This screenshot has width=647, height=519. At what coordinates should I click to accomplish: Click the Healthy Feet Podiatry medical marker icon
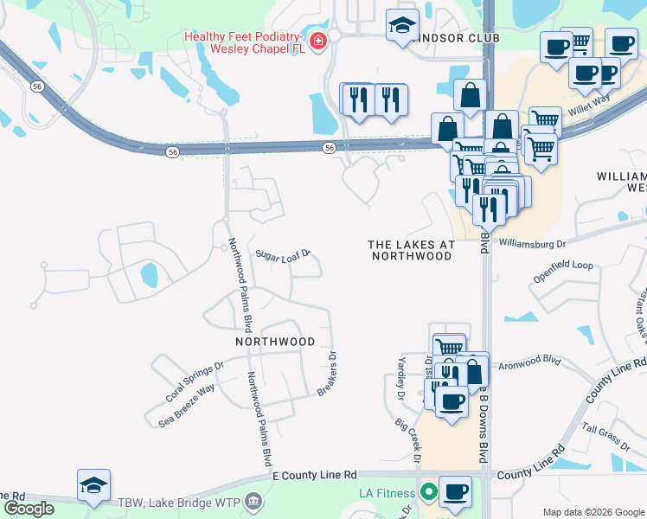[318, 41]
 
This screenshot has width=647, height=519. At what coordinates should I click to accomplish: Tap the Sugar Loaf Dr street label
[282, 255]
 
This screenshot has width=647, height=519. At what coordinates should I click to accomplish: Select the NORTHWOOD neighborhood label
[275, 342]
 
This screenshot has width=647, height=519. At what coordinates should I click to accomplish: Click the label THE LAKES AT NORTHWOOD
[411, 250]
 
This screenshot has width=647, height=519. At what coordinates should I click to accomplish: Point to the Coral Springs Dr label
[195, 381]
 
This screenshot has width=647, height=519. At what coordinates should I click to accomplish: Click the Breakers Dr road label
[326, 374]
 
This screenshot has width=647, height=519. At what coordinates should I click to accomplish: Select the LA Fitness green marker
[426, 494]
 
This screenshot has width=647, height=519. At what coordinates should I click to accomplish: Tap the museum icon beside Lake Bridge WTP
[253, 500]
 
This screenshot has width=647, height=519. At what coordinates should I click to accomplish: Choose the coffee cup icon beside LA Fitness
[455, 491]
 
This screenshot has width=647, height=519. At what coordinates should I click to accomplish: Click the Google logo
[29, 509]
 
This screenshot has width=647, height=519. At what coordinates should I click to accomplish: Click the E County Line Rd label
[314, 476]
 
